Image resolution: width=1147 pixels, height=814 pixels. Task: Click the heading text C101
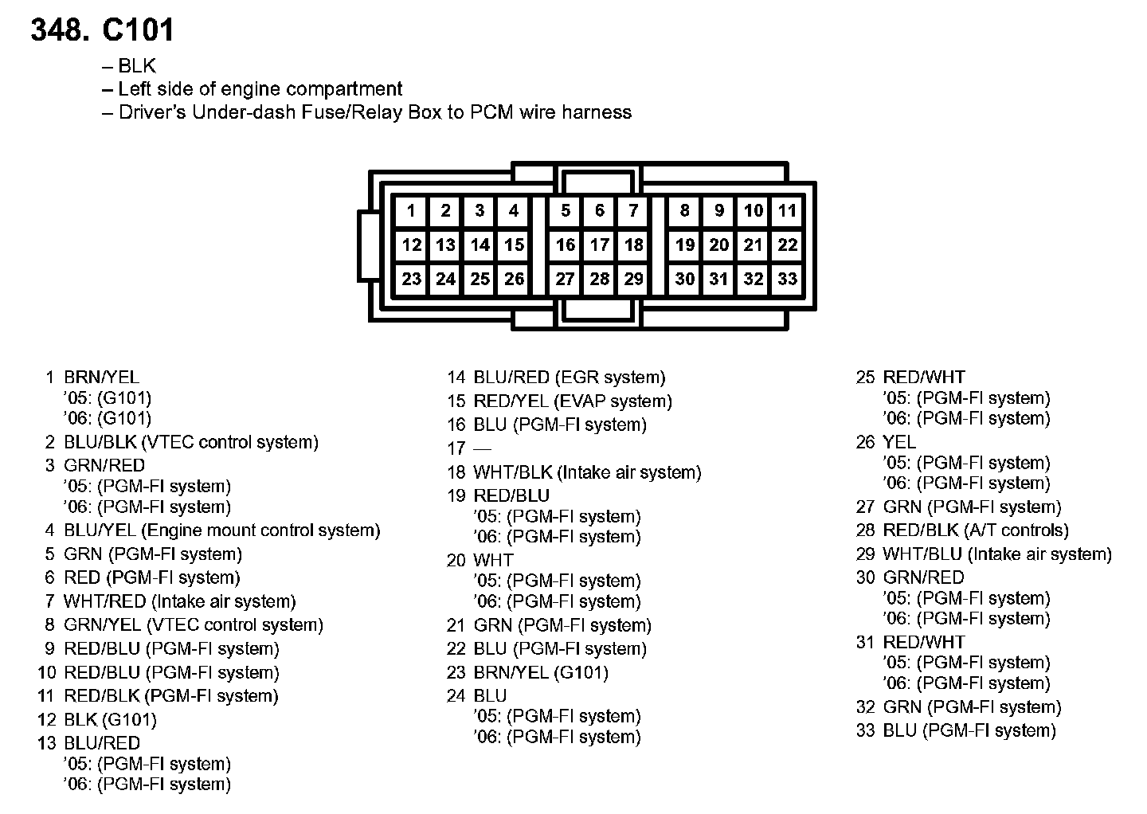point(138,30)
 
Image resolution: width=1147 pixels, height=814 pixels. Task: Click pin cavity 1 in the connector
point(411,211)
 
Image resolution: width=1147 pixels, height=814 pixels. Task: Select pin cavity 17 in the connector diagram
point(599,245)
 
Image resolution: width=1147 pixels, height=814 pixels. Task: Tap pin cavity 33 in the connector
point(787,279)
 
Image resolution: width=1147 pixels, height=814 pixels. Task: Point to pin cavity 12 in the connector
point(411,245)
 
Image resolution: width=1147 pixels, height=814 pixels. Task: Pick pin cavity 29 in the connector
point(633,279)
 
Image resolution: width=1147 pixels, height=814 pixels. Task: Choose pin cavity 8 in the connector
point(684,211)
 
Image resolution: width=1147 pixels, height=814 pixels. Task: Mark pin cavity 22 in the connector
point(787,245)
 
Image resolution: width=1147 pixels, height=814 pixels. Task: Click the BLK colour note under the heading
point(137,66)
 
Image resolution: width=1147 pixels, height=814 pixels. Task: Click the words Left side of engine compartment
point(260,89)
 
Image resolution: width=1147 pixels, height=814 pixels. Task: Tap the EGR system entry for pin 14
point(609,378)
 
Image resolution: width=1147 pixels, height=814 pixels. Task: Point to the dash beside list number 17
point(482,449)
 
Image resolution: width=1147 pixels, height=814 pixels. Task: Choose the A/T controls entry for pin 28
point(1016,530)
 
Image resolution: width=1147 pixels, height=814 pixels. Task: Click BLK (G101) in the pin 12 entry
point(110,720)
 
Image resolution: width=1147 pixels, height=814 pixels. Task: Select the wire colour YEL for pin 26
point(899,442)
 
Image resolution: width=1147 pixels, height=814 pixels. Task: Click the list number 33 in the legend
point(865,730)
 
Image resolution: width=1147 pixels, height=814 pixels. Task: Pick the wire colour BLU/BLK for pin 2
point(100,442)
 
